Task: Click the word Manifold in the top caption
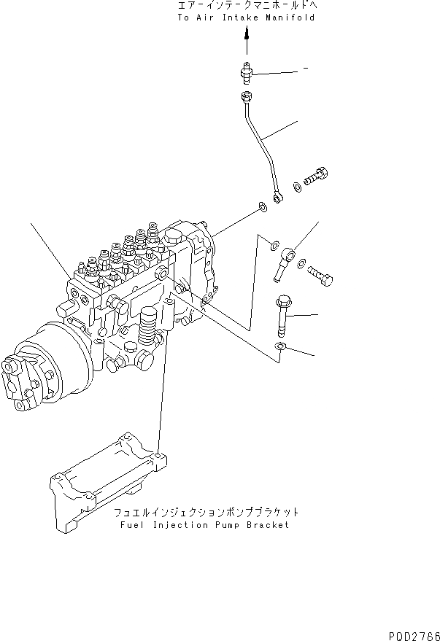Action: [x=292, y=17]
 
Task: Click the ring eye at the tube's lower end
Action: [x=278, y=196]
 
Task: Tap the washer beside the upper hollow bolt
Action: [x=297, y=188]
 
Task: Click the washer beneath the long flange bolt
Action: [x=281, y=347]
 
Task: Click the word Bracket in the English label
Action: [x=268, y=525]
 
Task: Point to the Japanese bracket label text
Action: [x=206, y=512]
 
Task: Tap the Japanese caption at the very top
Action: [x=247, y=5]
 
